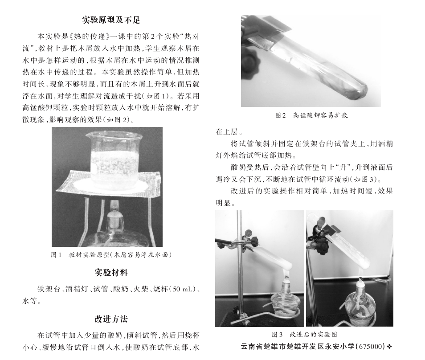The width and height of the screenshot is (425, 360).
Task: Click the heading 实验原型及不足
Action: (111, 20)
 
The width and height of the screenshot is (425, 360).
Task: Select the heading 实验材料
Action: (111, 273)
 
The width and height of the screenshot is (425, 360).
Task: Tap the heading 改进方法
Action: (111, 319)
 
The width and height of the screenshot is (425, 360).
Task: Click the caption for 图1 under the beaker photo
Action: (111, 255)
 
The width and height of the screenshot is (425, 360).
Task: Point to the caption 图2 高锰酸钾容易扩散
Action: (311, 115)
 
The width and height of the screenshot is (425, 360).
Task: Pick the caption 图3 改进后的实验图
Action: (304, 335)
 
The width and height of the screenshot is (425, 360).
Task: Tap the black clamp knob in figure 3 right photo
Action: (323, 246)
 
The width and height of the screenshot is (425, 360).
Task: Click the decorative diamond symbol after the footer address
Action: (390, 347)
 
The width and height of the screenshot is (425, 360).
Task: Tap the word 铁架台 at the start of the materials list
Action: (49, 289)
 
